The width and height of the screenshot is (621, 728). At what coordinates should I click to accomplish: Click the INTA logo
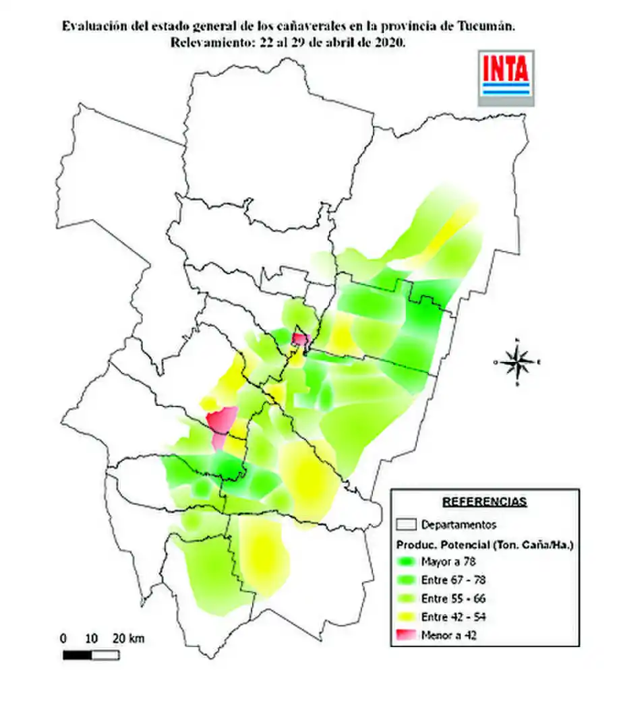[x=506, y=77]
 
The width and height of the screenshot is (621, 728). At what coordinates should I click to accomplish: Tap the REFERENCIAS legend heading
[x=484, y=502]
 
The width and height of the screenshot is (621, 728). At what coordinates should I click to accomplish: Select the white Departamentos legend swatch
[x=406, y=524]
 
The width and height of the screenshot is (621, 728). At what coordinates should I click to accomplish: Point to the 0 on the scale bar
[x=63, y=638]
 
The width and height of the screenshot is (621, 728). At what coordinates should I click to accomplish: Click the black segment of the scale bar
[x=77, y=655]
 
